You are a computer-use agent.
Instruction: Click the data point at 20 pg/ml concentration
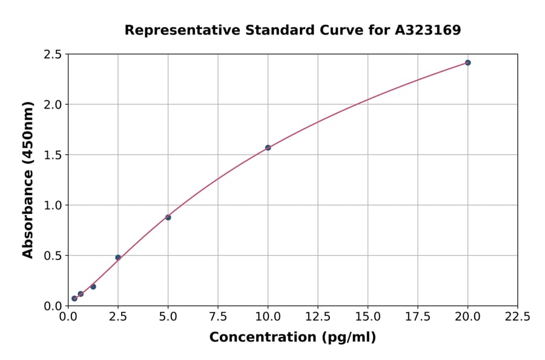point(467,62)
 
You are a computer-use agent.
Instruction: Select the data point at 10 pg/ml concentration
point(268,147)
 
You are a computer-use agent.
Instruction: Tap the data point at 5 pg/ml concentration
point(168,217)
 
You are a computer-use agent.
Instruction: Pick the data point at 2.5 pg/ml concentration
point(118,258)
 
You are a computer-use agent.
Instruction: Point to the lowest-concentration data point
point(74,298)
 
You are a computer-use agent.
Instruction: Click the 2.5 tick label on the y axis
point(53,55)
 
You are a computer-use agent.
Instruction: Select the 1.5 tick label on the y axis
point(53,155)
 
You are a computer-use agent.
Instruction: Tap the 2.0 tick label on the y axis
point(53,105)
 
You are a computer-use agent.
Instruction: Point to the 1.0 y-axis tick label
point(53,205)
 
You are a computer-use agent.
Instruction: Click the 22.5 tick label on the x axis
point(517,316)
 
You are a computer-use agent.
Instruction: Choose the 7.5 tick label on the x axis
point(218,316)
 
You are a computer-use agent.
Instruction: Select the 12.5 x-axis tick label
point(317,316)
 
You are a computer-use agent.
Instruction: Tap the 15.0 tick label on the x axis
point(368,316)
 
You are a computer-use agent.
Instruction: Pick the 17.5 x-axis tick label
point(417,316)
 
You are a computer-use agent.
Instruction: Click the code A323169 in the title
point(428,30)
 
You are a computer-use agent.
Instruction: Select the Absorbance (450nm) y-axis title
point(28,179)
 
